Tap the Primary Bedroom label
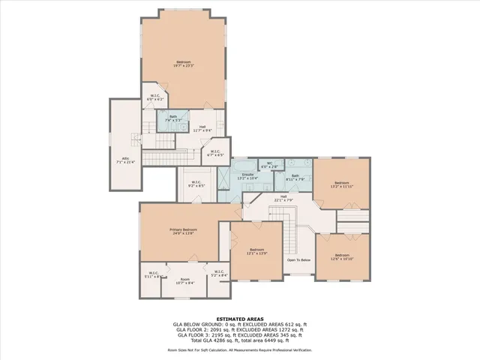pyautogui.click(x=182, y=231)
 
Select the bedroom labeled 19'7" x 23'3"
pyautogui.click(x=184, y=63)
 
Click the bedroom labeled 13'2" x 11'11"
pyautogui.click(x=342, y=184)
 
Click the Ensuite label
pyautogui.click(x=247, y=176)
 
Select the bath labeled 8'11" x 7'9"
pyautogui.click(x=295, y=177)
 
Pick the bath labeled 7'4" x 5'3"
pyautogui.click(x=172, y=118)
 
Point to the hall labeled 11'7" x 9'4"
pyautogui.click(x=202, y=128)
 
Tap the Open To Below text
pyautogui.click(x=298, y=259)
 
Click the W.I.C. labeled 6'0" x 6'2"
pyautogui.click(x=154, y=97)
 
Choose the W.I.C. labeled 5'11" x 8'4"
pyautogui.click(x=154, y=275)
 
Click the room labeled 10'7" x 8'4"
pyautogui.click(x=184, y=281)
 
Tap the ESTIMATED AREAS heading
pyautogui.click(x=239, y=319)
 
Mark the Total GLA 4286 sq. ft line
pyautogui.click(x=239, y=340)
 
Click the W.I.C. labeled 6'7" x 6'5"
pyautogui.click(x=215, y=153)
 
